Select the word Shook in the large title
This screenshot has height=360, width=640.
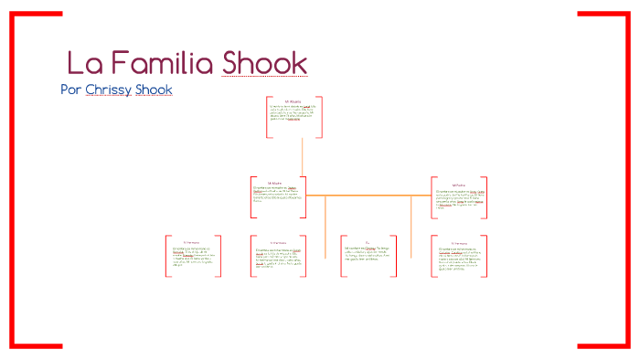pos(265,63)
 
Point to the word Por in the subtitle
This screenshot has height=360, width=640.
pos(69,90)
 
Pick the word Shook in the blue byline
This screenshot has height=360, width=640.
pos(153,90)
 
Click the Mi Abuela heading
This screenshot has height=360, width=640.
pos(293,101)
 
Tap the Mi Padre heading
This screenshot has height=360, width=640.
pos(458,183)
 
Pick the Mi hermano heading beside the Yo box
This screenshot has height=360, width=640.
pos(458,242)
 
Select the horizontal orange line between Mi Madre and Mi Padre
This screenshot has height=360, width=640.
pos(366,196)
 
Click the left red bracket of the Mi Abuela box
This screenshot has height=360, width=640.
pos(267,117)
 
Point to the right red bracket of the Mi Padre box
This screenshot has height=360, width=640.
pos(485,197)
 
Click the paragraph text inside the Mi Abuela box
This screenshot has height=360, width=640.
pos(293,113)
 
